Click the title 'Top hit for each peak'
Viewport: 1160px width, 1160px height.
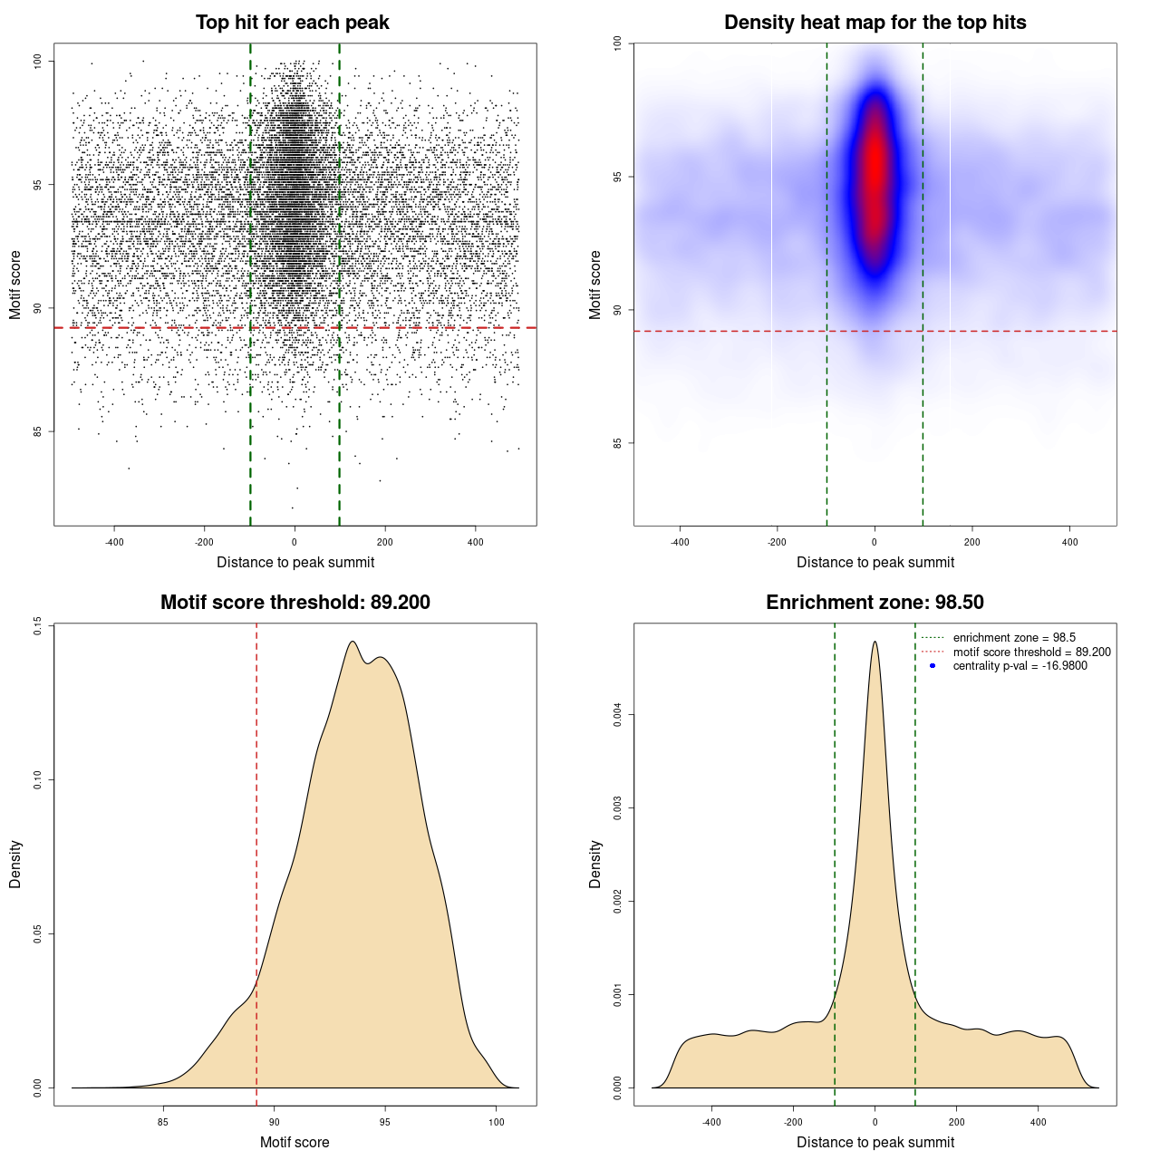tap(293, 23)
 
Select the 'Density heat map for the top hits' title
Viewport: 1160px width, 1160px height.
tap(875, 23)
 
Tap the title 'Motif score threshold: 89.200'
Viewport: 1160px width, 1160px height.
tap(295, 603)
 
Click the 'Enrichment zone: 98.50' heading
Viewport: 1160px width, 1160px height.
tap(875, 603)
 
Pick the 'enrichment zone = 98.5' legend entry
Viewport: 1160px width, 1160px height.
tap(1014, 638)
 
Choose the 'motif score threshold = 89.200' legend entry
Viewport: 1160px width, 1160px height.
tap(1031, 652)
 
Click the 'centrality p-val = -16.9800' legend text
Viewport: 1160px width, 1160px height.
tap(1020, 666)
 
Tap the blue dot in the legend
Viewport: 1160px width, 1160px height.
tap(933, 666)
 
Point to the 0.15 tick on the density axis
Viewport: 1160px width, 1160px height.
tap(37, 625)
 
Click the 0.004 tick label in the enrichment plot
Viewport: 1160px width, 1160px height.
tap(617, 716)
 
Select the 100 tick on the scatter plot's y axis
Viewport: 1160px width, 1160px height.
tap(37, 61)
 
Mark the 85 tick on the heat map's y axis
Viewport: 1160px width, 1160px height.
tap(617, 443)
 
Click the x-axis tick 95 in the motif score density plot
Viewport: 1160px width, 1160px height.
tap(385, 1122)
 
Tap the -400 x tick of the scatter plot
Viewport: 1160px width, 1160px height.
tap(114, 542)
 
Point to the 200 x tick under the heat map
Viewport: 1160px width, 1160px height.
tap(972, 542)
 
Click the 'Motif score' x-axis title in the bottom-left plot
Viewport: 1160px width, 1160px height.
tap(295, 1142)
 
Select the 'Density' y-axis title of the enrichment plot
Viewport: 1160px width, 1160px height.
tap(595, 864)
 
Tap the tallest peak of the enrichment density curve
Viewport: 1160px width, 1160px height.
tap(875, 643)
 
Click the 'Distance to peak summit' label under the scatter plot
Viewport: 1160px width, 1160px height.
tap(295, 562)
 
